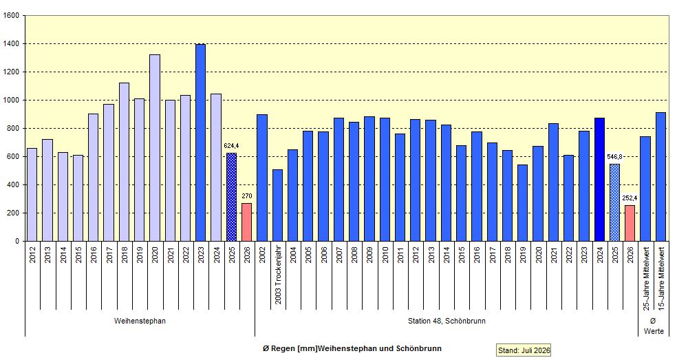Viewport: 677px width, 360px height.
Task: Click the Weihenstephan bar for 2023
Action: click(201, 142)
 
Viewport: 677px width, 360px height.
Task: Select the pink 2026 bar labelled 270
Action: click(246, 222)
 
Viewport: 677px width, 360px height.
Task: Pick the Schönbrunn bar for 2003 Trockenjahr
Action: click(278, 205)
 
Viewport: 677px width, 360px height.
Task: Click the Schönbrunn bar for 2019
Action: click(523, 202)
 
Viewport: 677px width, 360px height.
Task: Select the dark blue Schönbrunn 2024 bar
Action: click(599, 180)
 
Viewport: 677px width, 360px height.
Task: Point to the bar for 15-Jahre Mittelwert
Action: click(661, 177)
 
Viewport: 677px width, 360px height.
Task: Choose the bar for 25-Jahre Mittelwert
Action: click(645, 189)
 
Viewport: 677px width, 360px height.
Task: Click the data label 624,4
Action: click(231, 146)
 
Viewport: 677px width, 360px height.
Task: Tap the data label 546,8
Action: click(614, 156)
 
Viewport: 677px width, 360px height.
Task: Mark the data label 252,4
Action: click(630, 198)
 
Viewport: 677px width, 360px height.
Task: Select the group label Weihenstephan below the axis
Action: click(140, 321)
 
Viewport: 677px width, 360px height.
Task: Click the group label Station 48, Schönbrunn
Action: click(447, 321)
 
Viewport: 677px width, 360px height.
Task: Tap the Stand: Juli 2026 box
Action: click(524, 350)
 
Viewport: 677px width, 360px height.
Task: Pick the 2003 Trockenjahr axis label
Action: click(278, 275)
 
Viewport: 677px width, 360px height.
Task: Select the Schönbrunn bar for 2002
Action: click(262, 178)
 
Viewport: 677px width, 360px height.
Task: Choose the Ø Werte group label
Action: click(653, 326)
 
